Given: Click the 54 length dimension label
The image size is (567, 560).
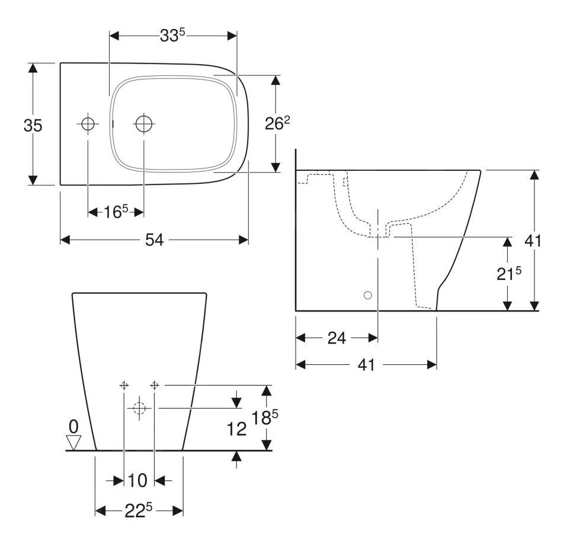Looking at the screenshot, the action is pos(155,240).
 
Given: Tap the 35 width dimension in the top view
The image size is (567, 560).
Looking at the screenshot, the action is pos(33,125).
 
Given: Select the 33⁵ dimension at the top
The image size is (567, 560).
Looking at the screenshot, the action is pos(172,35).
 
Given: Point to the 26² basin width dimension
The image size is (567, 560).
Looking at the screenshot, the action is pos(277,123).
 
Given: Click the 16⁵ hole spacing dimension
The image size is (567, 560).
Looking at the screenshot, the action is pos(116,211).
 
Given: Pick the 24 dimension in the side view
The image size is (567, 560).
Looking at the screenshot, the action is pos(337,338).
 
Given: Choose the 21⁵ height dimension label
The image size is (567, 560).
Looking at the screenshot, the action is pos(509,273).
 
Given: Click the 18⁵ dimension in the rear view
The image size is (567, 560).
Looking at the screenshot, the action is pos(265,418).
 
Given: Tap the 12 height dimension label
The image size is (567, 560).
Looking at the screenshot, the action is pos(236,429).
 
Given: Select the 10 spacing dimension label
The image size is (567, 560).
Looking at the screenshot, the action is pos(137,481).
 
